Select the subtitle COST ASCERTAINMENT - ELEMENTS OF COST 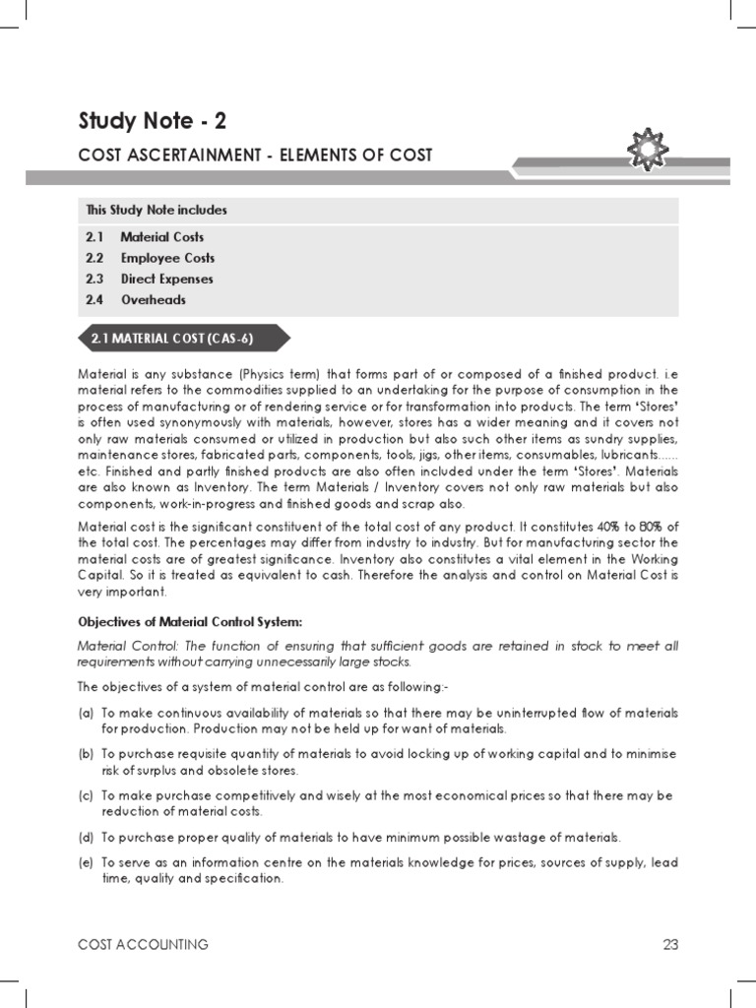[255, 157]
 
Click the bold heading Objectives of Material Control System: [189, 622]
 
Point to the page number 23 [670, 945]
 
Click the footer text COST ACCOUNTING [144, 945]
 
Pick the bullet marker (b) [86, 754]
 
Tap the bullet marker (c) [86, 795]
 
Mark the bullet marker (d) [86, 838]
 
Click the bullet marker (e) [86, 862]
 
